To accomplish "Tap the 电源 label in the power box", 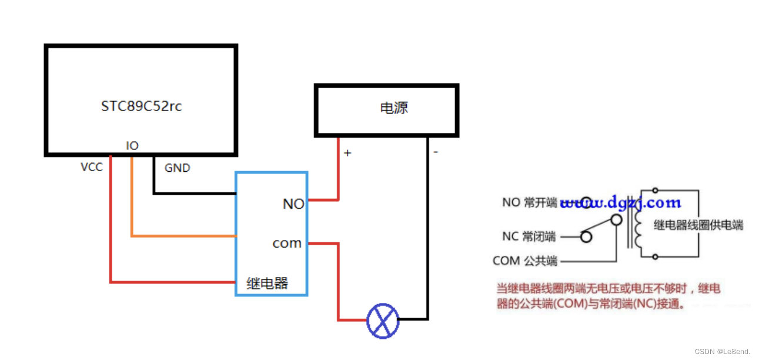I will [x=394, y=108].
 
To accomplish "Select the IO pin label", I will [x=132, y=145].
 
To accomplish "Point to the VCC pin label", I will [x=92, y=167].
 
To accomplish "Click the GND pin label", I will [x=177, y=168].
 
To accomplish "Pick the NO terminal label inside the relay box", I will [x=293, y=204].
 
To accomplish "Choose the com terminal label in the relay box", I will [x=287, y=243].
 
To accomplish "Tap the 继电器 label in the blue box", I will [x=268, y=283].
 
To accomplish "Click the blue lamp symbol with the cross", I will [x=383, y=320].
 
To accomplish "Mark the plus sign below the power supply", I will [x=347, y=153].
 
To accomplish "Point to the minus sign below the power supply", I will [x=436, y=152].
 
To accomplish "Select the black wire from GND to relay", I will [x=194, y=193].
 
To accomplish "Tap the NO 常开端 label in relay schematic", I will [x=529, y=202].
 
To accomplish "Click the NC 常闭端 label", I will [x=529, y=236].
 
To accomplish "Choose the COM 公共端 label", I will [x=525, y=261].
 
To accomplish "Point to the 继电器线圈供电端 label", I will [x=698, y=225].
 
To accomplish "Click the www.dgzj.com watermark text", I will [x=621, y=204].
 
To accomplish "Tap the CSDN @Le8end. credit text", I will [x=723, y=351].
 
